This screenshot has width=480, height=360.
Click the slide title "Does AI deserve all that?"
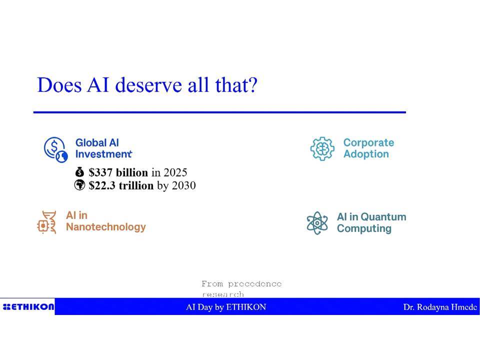coord(147,85)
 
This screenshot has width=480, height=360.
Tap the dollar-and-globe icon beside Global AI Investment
coord(55,149)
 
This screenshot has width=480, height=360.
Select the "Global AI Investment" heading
coord(104,148)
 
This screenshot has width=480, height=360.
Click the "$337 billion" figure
coord(118,172)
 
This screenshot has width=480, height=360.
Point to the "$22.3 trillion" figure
coord(121,185)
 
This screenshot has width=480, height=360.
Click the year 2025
coord(175,172)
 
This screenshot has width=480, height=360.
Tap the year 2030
coord(183,185)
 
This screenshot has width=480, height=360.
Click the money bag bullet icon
coord(79,172)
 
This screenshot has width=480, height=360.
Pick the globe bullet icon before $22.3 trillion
coord(79,185)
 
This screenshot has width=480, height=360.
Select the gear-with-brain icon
coord(322,149)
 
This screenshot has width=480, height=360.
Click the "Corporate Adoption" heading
coord(368,148)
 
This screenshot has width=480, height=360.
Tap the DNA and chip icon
coord(46,222)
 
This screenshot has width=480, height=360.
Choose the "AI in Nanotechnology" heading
coord(106,221)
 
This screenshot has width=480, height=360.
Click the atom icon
coord(317,223)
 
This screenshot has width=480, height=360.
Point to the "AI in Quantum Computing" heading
coord(371,222)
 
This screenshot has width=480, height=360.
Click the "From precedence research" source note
coord(241,289)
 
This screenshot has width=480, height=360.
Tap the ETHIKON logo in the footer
coord(28,306)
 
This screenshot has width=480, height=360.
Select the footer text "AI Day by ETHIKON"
coord(226,307)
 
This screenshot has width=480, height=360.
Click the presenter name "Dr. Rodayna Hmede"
coord(440,307)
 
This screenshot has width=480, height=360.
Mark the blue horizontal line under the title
coord(220,112)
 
